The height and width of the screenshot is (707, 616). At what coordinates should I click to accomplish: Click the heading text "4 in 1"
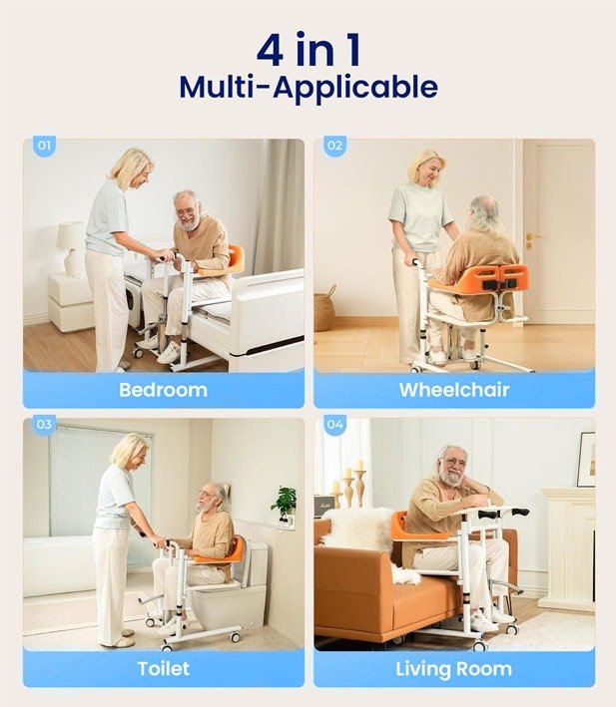(x=308, y=50)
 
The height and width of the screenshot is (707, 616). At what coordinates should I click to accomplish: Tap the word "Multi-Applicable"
(x=308, y=88)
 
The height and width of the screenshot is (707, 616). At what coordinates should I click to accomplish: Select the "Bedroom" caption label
(x=164, y=390)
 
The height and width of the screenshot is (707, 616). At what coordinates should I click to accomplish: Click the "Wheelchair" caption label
(x=454, y=390)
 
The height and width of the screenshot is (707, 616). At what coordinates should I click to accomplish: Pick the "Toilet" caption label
(x=164, y=669)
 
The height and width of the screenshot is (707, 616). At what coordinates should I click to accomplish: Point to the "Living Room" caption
(x=454, y=669)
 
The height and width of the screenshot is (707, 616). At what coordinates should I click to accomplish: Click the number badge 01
(x=44, y=146)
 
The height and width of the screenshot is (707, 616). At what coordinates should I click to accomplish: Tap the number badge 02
(x=334, y=146)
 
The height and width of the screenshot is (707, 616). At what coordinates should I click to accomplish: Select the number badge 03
(x=44, y=424)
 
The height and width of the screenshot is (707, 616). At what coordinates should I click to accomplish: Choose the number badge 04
(x=334, y=424)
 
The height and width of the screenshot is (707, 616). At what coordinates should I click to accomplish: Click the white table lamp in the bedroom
(x=72, y=248)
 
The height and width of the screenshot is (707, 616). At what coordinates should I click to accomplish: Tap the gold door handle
(x=531, y=240)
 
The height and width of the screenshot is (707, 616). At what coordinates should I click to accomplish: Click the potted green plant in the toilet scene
(x=284, y=503)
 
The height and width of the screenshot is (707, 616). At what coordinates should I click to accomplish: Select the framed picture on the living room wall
(x=587, y=459)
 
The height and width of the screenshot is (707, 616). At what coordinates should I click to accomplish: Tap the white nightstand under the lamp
(x=71, y=302)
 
